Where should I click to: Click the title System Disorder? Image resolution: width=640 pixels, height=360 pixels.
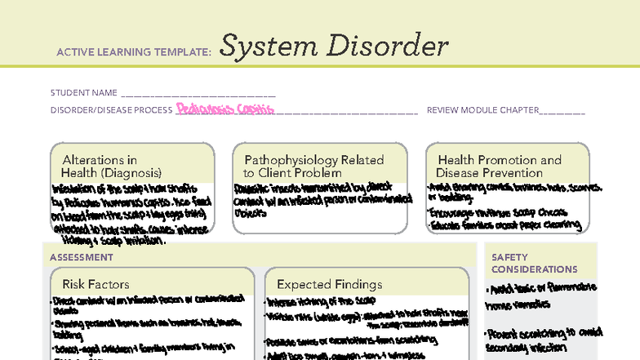(x=334, y=47)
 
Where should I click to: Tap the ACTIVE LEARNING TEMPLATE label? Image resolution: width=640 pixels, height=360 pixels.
(x=134, y=51)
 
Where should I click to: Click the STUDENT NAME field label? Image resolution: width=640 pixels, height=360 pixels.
(x=83, y=93)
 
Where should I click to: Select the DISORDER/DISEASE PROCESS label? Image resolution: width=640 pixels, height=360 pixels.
(x=111, y=110)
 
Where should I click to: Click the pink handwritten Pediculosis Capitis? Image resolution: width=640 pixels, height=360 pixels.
(x=224, y=109)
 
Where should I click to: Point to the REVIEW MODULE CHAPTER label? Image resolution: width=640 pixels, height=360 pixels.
(x=482, y=110)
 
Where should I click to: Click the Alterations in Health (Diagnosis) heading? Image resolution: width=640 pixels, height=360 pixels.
(x=112, y=167)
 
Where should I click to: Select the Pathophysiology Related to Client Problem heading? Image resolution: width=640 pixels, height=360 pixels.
(x=313, y=167)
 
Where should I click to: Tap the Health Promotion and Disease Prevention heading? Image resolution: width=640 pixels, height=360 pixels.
(x=500, y=167)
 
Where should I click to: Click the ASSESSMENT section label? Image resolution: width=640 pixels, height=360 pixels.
(x=82, y=257)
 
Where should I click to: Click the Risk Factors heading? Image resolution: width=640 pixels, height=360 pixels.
(x=96, y=284)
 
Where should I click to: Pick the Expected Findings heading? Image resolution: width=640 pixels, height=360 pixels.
(x=329, y=284)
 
